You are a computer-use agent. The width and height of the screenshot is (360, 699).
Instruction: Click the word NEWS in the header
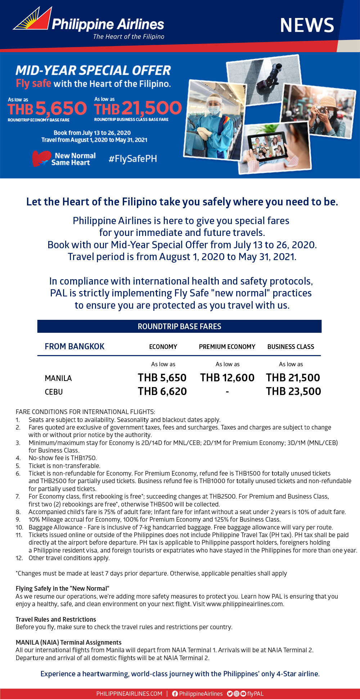point(307,25)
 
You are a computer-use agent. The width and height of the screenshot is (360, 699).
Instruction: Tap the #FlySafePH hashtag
point(133,159)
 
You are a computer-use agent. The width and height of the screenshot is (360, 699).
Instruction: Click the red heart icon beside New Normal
point(40,158)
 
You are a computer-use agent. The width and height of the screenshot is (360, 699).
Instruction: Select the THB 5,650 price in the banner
point(47,108)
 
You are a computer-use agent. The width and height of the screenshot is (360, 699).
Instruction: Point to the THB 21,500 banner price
point(138,108)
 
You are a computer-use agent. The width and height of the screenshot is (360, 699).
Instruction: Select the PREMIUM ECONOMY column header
point(227,346)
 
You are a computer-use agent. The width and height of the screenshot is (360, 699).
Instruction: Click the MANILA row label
point(58,378)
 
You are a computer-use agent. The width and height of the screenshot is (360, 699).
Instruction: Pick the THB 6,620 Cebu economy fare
point(162,391)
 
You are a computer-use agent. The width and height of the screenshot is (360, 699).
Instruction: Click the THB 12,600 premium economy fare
point(227,378)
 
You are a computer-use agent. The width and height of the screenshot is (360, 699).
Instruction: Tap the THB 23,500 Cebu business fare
point(293,391)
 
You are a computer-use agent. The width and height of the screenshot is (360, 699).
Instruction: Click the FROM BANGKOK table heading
point(75,346)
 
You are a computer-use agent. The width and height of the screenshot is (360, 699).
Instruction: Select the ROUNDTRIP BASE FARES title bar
point(179,326)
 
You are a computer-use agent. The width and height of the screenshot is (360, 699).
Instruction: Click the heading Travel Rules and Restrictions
point(56,619)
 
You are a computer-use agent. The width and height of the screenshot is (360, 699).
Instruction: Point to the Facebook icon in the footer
point(175,694)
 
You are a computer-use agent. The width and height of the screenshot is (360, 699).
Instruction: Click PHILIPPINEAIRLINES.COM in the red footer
point(129,694)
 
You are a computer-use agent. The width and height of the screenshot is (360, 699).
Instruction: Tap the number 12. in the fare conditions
point(19,558)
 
